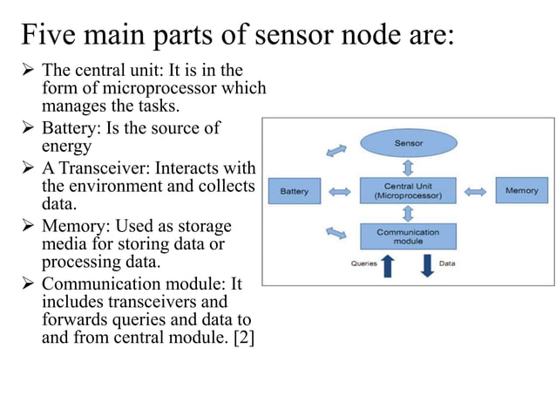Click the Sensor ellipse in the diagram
(x=409, y=143)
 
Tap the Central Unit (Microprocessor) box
(x=409, y=190)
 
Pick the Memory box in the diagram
(x=521, y=190)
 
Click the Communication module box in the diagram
(x=409, y=236)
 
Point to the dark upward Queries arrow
(x=388, y=265)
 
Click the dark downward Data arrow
(x=427, y=265)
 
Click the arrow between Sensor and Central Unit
(x=409, y=167)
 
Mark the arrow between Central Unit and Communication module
(x=409, y=213)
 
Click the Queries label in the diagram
(x=363, y=262)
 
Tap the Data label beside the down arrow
(x=447, y=262)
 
